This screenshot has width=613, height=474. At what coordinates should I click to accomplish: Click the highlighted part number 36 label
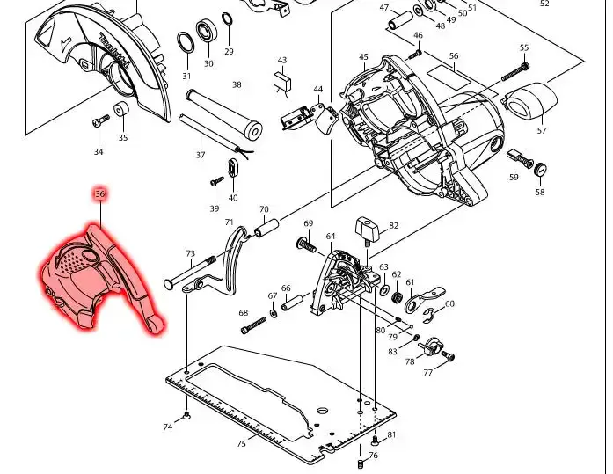[x=100, y=193]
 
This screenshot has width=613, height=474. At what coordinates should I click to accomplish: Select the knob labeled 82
[x=367, y=230]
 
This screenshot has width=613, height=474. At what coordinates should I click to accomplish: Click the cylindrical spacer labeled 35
[x=122, y=109]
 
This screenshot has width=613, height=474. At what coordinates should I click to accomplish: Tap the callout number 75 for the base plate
[x=241, y=443]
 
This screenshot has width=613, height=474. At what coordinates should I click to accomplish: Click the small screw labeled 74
[x=186, y=415]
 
